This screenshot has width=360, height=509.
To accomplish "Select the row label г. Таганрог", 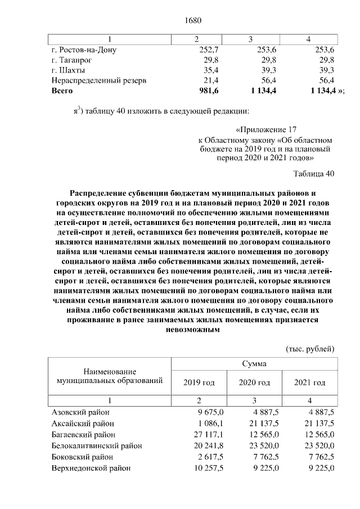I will [71, 60].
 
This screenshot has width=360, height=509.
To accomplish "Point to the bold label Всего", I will [62, 91].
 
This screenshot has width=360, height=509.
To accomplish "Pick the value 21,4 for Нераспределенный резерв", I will [211, 80].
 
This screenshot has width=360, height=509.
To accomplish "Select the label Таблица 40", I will [314, 173].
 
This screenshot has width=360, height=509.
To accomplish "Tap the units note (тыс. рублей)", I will [310, 349].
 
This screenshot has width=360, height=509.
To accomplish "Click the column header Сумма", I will [254, 364].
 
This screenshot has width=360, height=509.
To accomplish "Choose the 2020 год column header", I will [254, 382].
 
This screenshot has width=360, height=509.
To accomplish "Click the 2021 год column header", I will [310, 382].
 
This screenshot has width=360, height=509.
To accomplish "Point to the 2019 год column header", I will [199, 382].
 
